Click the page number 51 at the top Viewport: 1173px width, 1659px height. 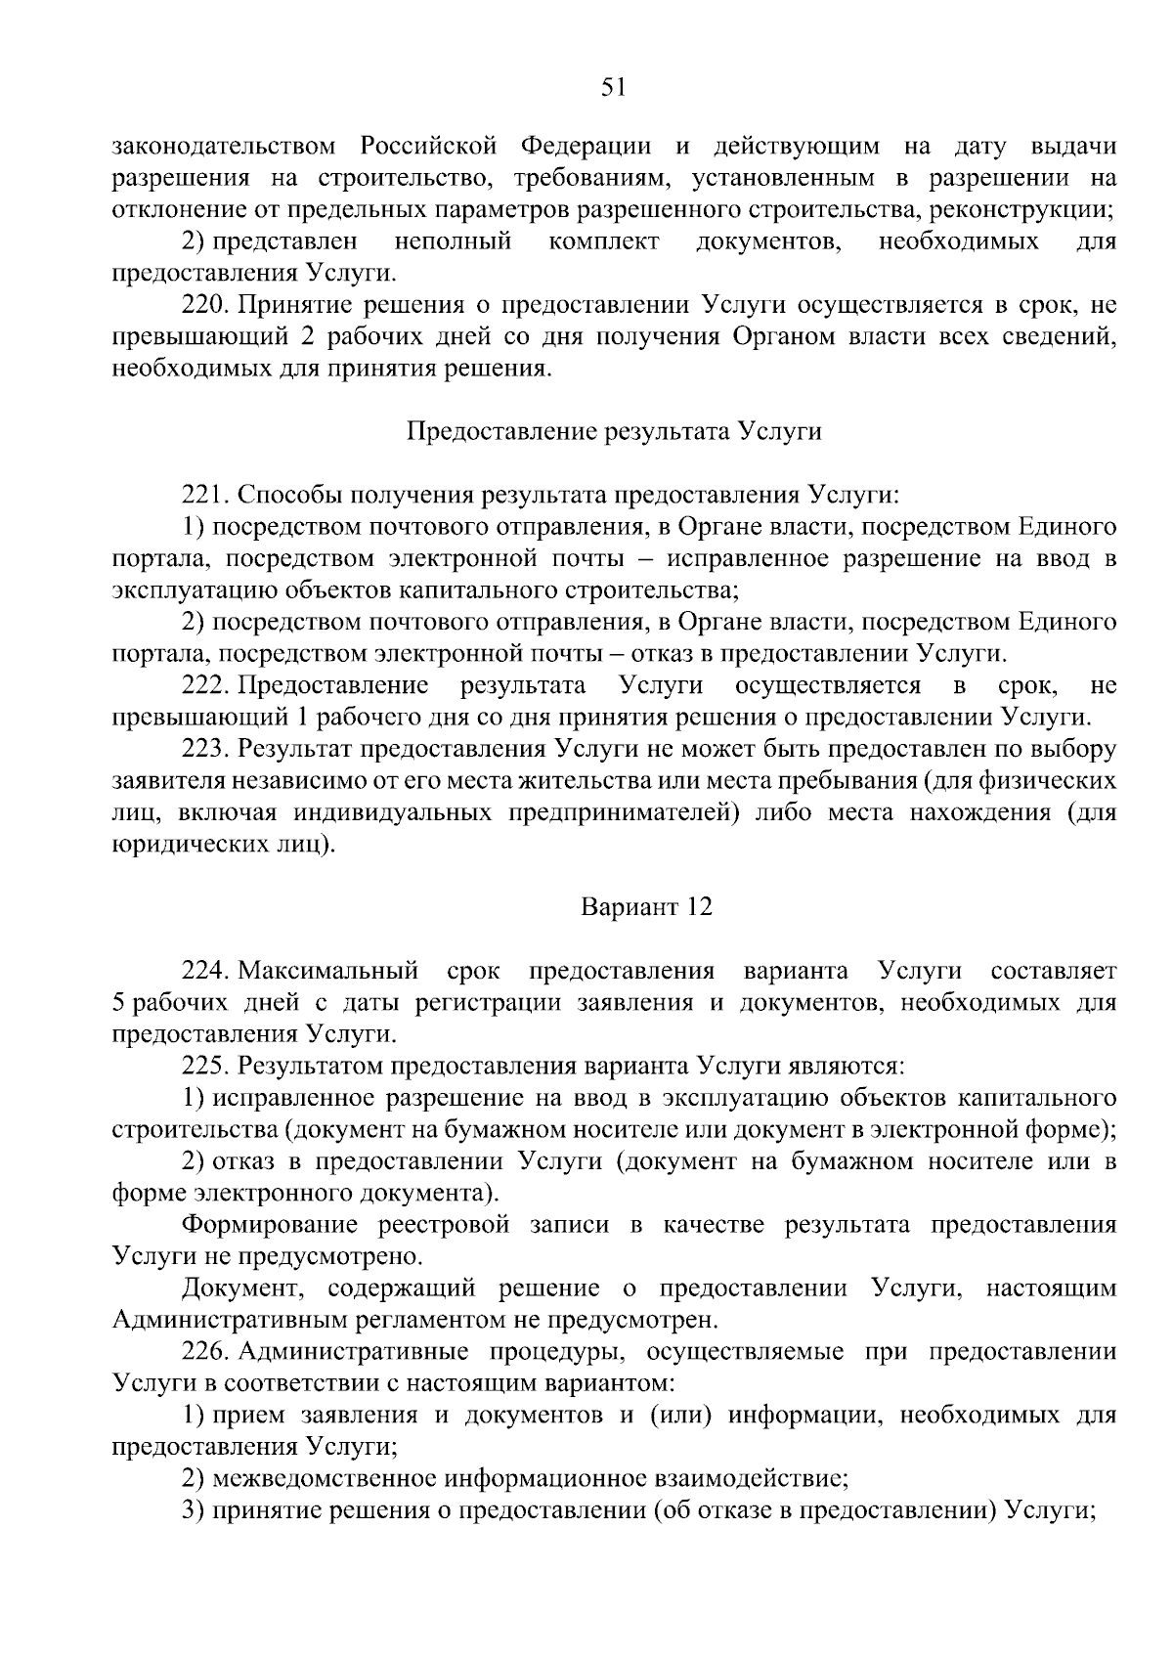click(x=613, y=88)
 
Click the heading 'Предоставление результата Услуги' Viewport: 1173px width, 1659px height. click(x=613, y=431)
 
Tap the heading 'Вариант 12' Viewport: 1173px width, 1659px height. click(x=646, y=907)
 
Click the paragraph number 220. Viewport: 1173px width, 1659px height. click(x=204, y=305)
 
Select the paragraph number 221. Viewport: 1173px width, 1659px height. click(x=204, y=496)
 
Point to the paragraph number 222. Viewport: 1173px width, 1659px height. click(x=204, y=685)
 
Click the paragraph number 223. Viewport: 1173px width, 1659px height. click(x=204, y=749)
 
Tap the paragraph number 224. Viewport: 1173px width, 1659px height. click(x=204, y=971)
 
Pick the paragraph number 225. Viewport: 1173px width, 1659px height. click(x=204, y=1066)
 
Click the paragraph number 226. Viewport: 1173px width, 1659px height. click(x=204, y=1351)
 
